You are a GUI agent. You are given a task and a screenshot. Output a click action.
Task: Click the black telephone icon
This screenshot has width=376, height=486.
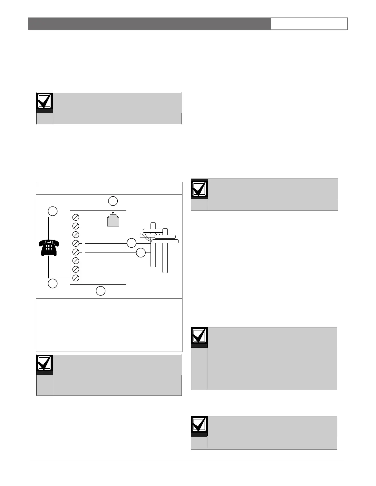pyautogui.click(x=49, y=248)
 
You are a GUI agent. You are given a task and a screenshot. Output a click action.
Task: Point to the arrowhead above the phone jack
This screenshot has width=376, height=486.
pyautogui.click(x=113, y=214)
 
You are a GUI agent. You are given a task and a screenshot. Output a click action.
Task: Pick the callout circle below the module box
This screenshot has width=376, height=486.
pyautogui.click(x=101, y=291)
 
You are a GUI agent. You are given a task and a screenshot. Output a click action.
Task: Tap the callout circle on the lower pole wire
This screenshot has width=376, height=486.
pyautogui.click(x=141, y=253)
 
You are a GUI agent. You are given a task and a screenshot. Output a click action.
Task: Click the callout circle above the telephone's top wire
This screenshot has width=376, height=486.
pyautogui.click(x=53, y=211)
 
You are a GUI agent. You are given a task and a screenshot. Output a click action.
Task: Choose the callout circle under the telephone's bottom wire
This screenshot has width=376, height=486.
pyautogui.click(x=53, y=284)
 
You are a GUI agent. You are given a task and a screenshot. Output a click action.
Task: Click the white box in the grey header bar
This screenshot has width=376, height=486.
pyautogui.click(x=309, y=24)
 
